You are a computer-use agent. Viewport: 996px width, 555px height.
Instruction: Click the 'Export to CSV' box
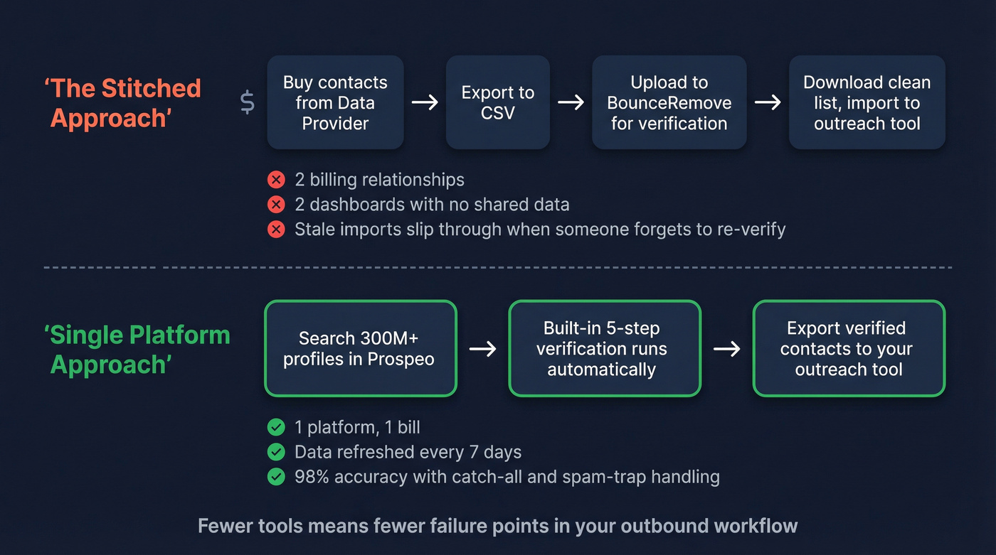click(x=497, y=103)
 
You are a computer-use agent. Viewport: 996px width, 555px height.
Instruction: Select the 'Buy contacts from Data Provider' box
click(x=335, y=103)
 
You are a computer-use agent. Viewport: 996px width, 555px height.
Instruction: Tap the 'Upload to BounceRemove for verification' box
click(x=669, y=103)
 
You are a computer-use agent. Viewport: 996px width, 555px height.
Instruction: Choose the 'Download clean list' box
click(x=867, y=103)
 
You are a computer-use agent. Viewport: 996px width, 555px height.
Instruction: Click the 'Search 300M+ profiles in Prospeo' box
click(x=359, y=348)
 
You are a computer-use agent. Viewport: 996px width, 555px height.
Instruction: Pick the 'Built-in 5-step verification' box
click(x=604, y=348)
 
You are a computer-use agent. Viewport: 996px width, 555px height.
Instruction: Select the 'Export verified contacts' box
click(x=848, y=348)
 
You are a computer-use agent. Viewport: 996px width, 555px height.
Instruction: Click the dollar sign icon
click(x=247, y=103)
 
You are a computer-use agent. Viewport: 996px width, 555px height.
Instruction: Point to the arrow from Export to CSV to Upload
click(x=571, y=103)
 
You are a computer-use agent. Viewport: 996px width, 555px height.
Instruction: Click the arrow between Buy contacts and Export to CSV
click(x=425, y=103)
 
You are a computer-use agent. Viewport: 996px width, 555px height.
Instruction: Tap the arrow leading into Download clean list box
click(x=768, y=103)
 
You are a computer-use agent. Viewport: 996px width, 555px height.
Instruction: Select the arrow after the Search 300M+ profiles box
click(x=482, y=349)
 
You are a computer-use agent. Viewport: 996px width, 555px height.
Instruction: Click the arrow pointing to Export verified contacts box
click(x=726, y=349)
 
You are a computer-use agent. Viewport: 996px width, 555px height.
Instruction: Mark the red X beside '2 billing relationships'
click(x=276, y=180)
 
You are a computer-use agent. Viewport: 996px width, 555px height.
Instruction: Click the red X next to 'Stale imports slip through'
click(x=276, y=230)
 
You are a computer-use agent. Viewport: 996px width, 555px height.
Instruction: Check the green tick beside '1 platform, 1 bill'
click(x=276, y=427)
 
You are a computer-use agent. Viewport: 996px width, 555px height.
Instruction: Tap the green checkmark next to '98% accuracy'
click(x=276, y=476)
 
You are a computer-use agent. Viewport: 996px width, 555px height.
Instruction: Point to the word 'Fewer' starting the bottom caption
click(x=226, y=526)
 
